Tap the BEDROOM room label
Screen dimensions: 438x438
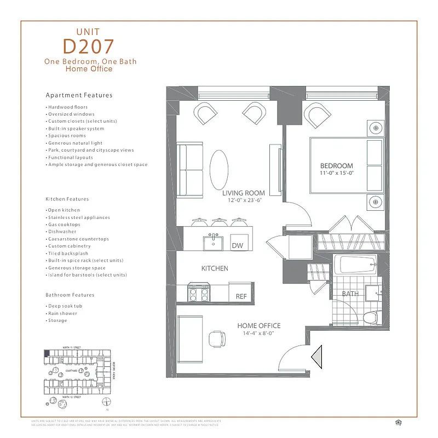coord(336,165)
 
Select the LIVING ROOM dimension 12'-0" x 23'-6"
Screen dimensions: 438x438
coord(243,200)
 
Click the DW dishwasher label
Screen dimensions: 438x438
coord(237,246)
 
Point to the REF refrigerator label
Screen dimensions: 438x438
coord(241,296)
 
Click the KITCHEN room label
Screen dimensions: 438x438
coord(215,269)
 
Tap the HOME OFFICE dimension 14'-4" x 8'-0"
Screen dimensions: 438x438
coord(258,333)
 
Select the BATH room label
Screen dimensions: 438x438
coord(350,294)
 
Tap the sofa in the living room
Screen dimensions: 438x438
coord(189,165)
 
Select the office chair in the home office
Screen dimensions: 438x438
coord(217,339)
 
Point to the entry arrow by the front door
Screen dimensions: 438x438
coord(317,358)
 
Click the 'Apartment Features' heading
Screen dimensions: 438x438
coord(79,95)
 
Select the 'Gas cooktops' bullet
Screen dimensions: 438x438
coord(64,224)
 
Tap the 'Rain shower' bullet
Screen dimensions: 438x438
coord(62,313)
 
